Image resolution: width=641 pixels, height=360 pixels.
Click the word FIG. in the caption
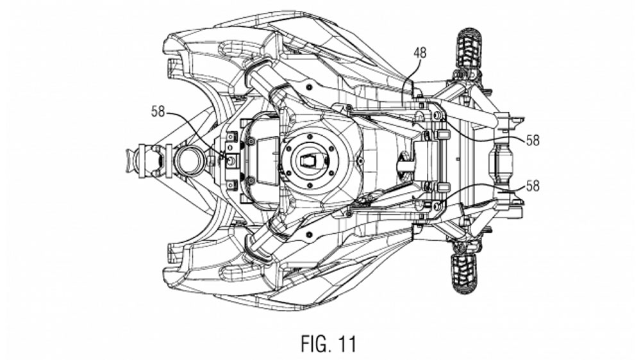coord(317,343)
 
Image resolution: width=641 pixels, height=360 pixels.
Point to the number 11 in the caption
coord(347,343)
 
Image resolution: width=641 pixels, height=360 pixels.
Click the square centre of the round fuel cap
coord(310,161)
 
